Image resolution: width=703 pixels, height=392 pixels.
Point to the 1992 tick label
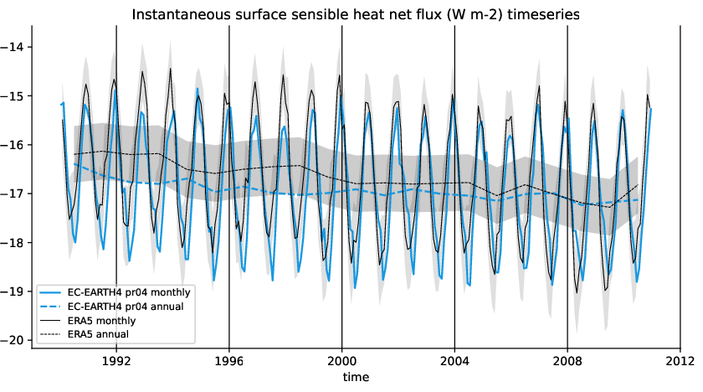point(115,362)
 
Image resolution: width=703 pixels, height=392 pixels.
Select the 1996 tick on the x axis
point(228,362)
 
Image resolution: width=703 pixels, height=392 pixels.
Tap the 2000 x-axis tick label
point(341,362)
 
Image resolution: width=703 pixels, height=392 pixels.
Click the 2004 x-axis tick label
point(454,362)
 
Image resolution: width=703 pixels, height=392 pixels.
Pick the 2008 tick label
point(567,362)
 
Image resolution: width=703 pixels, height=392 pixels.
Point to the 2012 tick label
point(680,362)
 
